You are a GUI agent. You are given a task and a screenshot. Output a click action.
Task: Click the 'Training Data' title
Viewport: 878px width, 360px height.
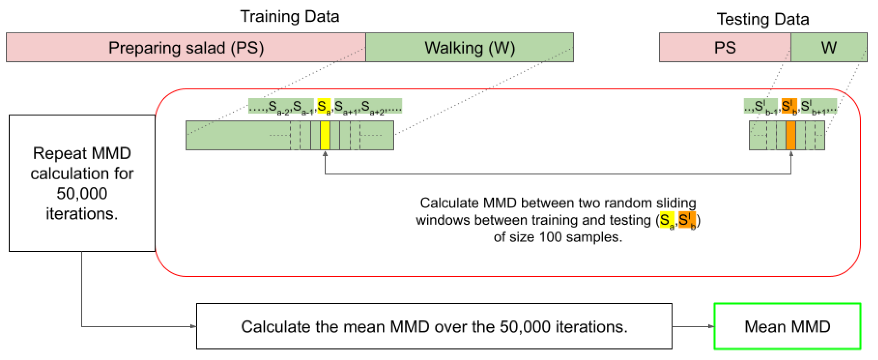[x=290, y=16]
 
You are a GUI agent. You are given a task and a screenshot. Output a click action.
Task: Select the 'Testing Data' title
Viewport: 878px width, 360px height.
[x=763, y=19]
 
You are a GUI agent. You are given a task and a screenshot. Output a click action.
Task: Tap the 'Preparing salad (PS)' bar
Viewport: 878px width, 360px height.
[x=186, y=48]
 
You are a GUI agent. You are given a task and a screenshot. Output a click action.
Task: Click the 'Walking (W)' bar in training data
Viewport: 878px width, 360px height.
[x=469, y=48]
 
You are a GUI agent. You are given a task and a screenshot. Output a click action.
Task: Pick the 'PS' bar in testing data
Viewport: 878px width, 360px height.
[x=725, y=48]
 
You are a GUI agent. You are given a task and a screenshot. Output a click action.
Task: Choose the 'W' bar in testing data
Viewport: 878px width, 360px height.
[x=829, y=48]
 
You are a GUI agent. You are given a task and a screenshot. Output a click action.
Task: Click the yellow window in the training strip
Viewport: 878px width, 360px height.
[x=325, y=135]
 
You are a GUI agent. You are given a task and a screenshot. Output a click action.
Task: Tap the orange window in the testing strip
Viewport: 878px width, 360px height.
[x=791, y=135]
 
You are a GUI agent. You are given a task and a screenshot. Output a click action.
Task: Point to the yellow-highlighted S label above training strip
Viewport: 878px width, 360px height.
[x=323, y=106]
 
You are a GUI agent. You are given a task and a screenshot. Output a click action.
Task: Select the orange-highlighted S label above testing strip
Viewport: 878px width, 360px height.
[x=789, y=106]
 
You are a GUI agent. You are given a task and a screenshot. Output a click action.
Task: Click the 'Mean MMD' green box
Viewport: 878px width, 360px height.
[x=787, y=326]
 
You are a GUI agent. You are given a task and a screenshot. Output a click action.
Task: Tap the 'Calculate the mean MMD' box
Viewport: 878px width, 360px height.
[x=434, y=326]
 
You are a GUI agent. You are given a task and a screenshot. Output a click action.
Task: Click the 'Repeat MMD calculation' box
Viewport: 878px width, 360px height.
[x=82, y=183]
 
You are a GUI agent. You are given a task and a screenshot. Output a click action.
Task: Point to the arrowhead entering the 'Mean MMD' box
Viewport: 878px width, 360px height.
[x=711, y=326]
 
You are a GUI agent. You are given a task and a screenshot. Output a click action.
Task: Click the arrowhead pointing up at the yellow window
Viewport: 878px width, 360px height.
[x=325, y=154]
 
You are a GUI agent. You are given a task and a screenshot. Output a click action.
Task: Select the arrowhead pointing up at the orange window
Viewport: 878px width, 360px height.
[x=791, y=154]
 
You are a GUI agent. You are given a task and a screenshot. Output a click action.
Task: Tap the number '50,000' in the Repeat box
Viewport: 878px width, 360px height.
[x=82, y=193]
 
